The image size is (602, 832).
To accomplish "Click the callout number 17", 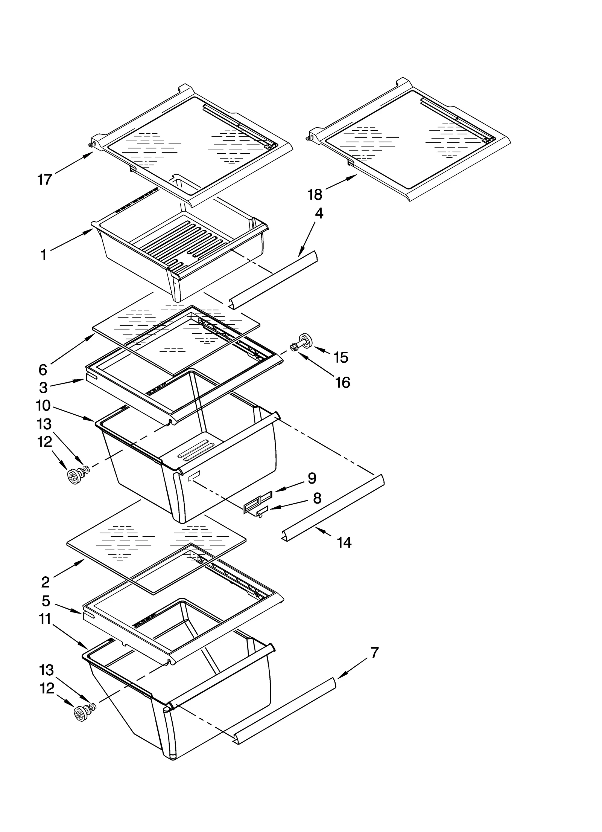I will [45, 180].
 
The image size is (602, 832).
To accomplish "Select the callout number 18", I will [315, 195].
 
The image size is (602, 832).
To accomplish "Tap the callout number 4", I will [319, 214].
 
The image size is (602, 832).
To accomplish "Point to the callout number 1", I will [44, 255].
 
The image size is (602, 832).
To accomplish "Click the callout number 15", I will [341, 357].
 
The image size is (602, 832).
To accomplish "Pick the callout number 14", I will [344, 542].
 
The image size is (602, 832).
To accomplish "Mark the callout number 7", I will [374, 653].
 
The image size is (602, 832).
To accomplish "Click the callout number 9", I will [312, 478].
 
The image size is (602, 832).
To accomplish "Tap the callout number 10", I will [43, 406].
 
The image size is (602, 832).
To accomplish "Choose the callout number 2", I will [45, 582].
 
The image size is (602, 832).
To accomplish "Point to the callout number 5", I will [46, 601].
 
